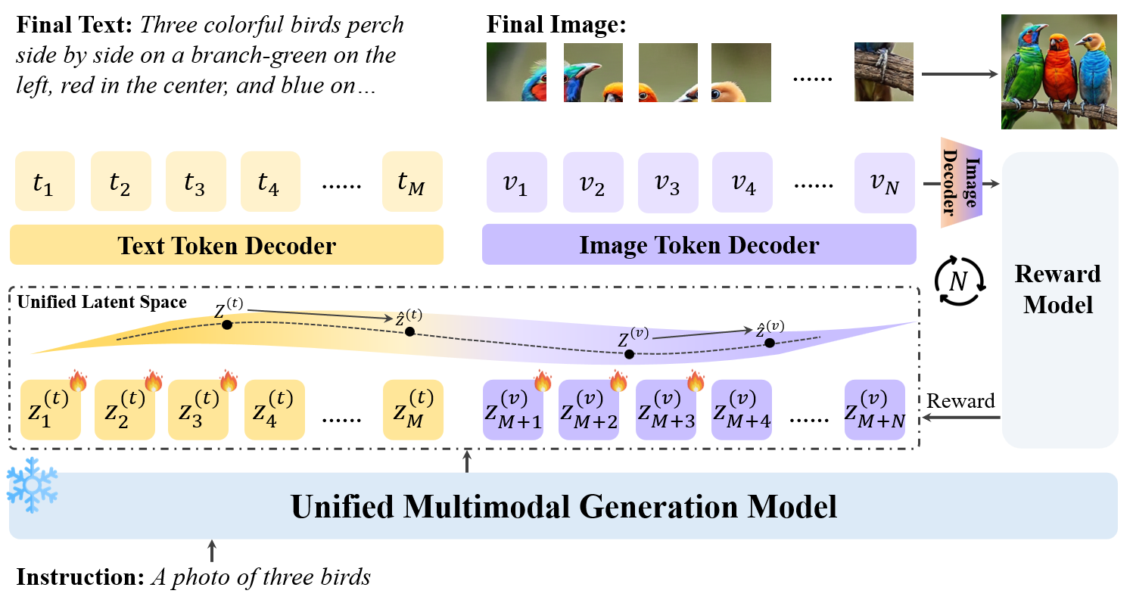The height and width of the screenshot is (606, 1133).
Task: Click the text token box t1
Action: click(45, 182)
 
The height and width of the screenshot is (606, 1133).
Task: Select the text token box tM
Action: click(412, 182)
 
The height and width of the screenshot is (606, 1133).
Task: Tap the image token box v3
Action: click(668, 182)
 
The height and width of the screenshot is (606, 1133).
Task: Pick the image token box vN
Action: click(884, 182)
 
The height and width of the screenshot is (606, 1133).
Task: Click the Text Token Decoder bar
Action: click(226, 244)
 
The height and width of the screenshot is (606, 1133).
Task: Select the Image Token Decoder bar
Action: click(699, 244)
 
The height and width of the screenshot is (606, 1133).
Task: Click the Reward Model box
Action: click(1060, 299)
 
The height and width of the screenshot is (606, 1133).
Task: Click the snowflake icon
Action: click(32, 484)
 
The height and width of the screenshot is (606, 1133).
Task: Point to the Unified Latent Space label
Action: click(101, 303)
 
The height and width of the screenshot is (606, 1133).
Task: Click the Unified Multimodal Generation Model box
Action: click(563, 506)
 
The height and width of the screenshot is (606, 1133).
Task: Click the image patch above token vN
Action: click(883, 72)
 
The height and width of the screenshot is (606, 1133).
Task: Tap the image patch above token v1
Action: click(516, 72)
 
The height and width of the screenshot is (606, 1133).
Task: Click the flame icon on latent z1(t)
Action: click(78, 381)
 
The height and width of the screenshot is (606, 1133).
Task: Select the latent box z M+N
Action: click(875, 409)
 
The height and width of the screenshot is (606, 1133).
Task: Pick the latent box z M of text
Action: click(412, 409)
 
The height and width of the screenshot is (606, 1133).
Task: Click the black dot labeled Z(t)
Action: click(226, 325)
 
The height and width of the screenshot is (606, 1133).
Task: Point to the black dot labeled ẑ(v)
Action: click(770, 343)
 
